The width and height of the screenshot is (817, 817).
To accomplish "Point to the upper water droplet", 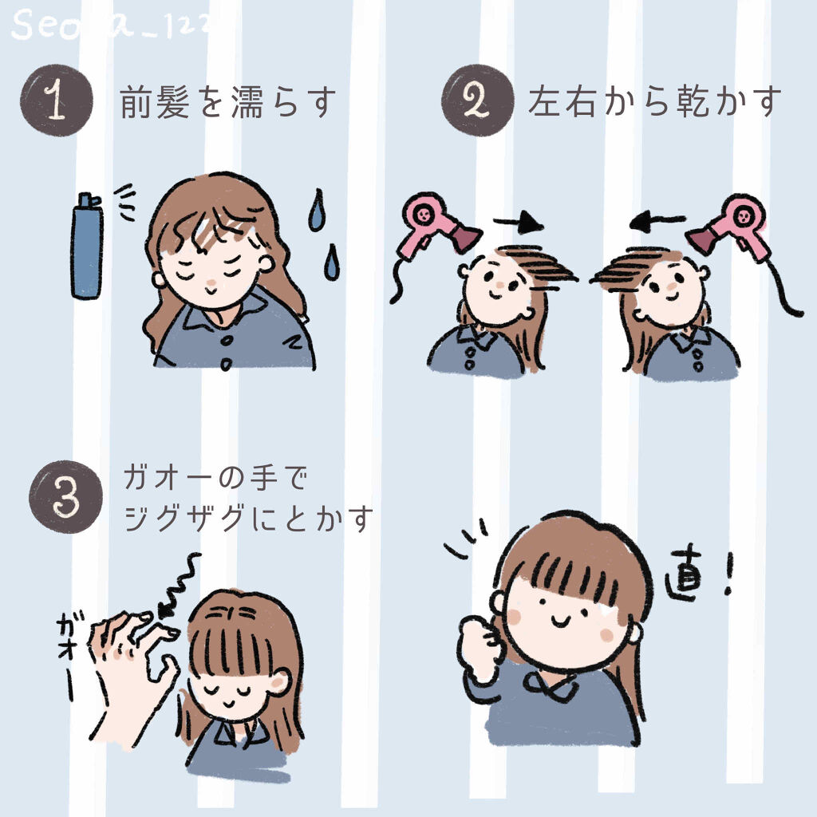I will [317, 211].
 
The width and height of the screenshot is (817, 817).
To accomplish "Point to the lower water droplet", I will [331, 262].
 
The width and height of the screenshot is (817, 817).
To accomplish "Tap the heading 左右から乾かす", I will [653, 104].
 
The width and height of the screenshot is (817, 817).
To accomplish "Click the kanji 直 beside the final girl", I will [685, 580].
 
